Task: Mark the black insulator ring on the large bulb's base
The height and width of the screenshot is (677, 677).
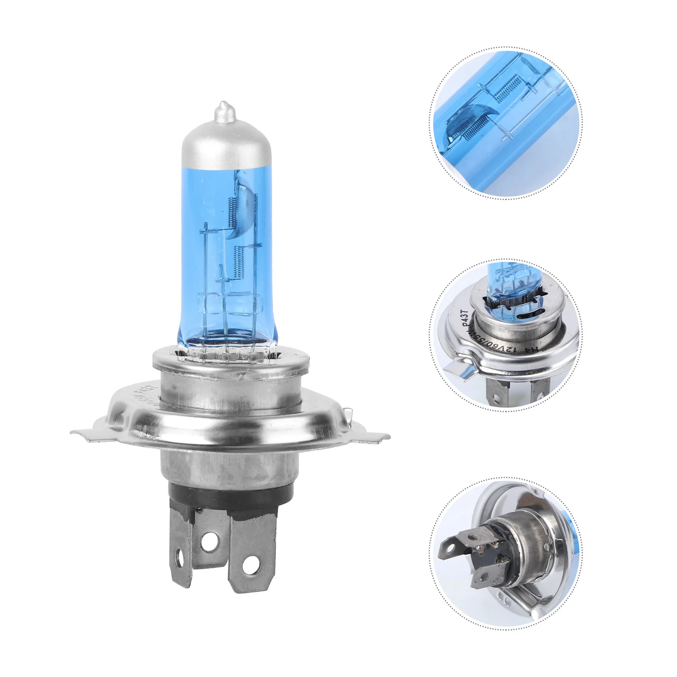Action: click(228, 493)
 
